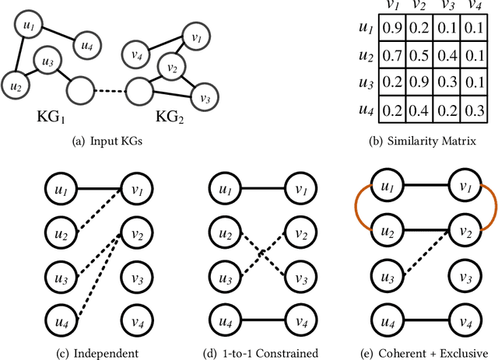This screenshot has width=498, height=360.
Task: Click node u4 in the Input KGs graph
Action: (x=85, y=46)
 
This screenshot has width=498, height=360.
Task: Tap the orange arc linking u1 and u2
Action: (x=360, y=211)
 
